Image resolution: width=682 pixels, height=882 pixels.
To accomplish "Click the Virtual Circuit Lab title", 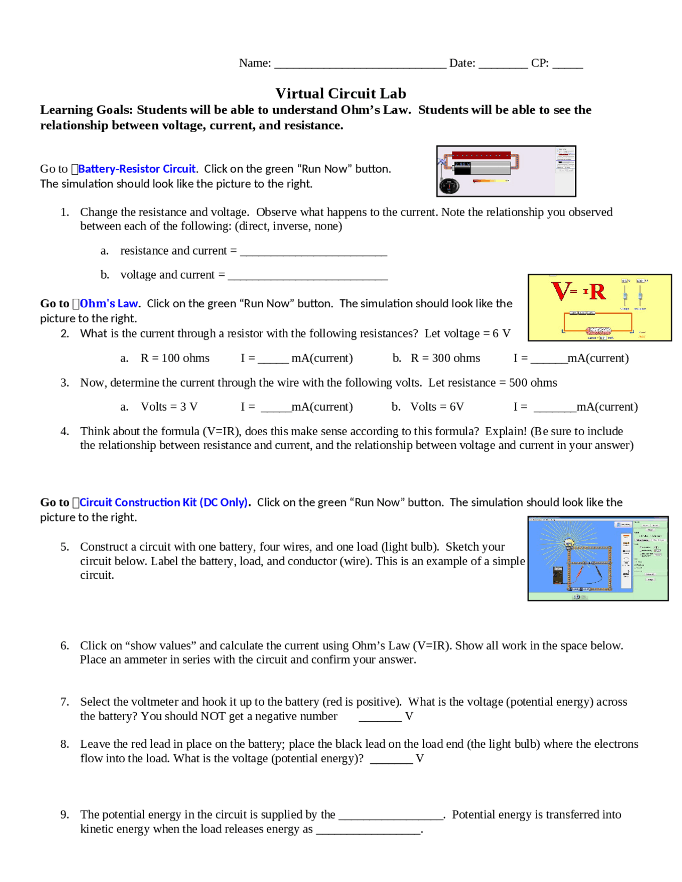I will [340, 94].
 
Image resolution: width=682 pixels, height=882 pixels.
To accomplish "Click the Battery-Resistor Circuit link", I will [137, 169].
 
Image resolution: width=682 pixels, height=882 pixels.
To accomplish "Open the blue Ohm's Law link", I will [109, 304].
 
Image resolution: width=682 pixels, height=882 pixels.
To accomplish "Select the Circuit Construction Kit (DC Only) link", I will [163, 502].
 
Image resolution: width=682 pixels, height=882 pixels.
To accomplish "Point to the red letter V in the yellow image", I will [561, 291].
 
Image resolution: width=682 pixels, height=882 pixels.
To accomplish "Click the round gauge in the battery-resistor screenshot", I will [449, 186].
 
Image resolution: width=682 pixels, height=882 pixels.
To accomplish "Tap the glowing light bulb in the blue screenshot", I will [569, 544].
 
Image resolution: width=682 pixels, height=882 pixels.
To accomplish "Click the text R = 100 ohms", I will [175, 358].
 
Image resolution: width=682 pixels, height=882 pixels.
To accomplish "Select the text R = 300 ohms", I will [445, 358].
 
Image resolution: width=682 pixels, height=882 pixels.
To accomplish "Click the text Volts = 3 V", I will [169, 407].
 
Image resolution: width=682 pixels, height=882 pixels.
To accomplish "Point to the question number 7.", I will [64, 702].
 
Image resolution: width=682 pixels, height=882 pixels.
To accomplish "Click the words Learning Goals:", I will [86, 110].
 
